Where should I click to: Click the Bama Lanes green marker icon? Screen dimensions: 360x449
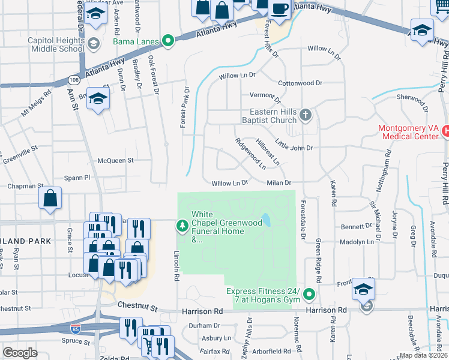(169, 41)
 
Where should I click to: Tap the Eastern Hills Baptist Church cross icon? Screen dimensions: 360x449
(306, 115)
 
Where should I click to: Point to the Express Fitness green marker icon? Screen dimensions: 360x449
(309, 295)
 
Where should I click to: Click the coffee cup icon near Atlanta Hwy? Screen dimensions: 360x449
(280, 8)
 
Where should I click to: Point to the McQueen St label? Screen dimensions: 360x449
(115, 160)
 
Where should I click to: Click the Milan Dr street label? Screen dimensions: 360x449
(279, 183)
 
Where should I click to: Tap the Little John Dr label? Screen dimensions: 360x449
(294, 145)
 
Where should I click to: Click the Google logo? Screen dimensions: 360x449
(20, 352)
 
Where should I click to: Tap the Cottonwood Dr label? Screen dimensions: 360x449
(300, 83)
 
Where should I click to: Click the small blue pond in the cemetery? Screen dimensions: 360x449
(265, 220)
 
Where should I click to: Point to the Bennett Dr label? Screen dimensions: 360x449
(356, 227)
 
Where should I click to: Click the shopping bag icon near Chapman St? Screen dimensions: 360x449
(50, 198)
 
